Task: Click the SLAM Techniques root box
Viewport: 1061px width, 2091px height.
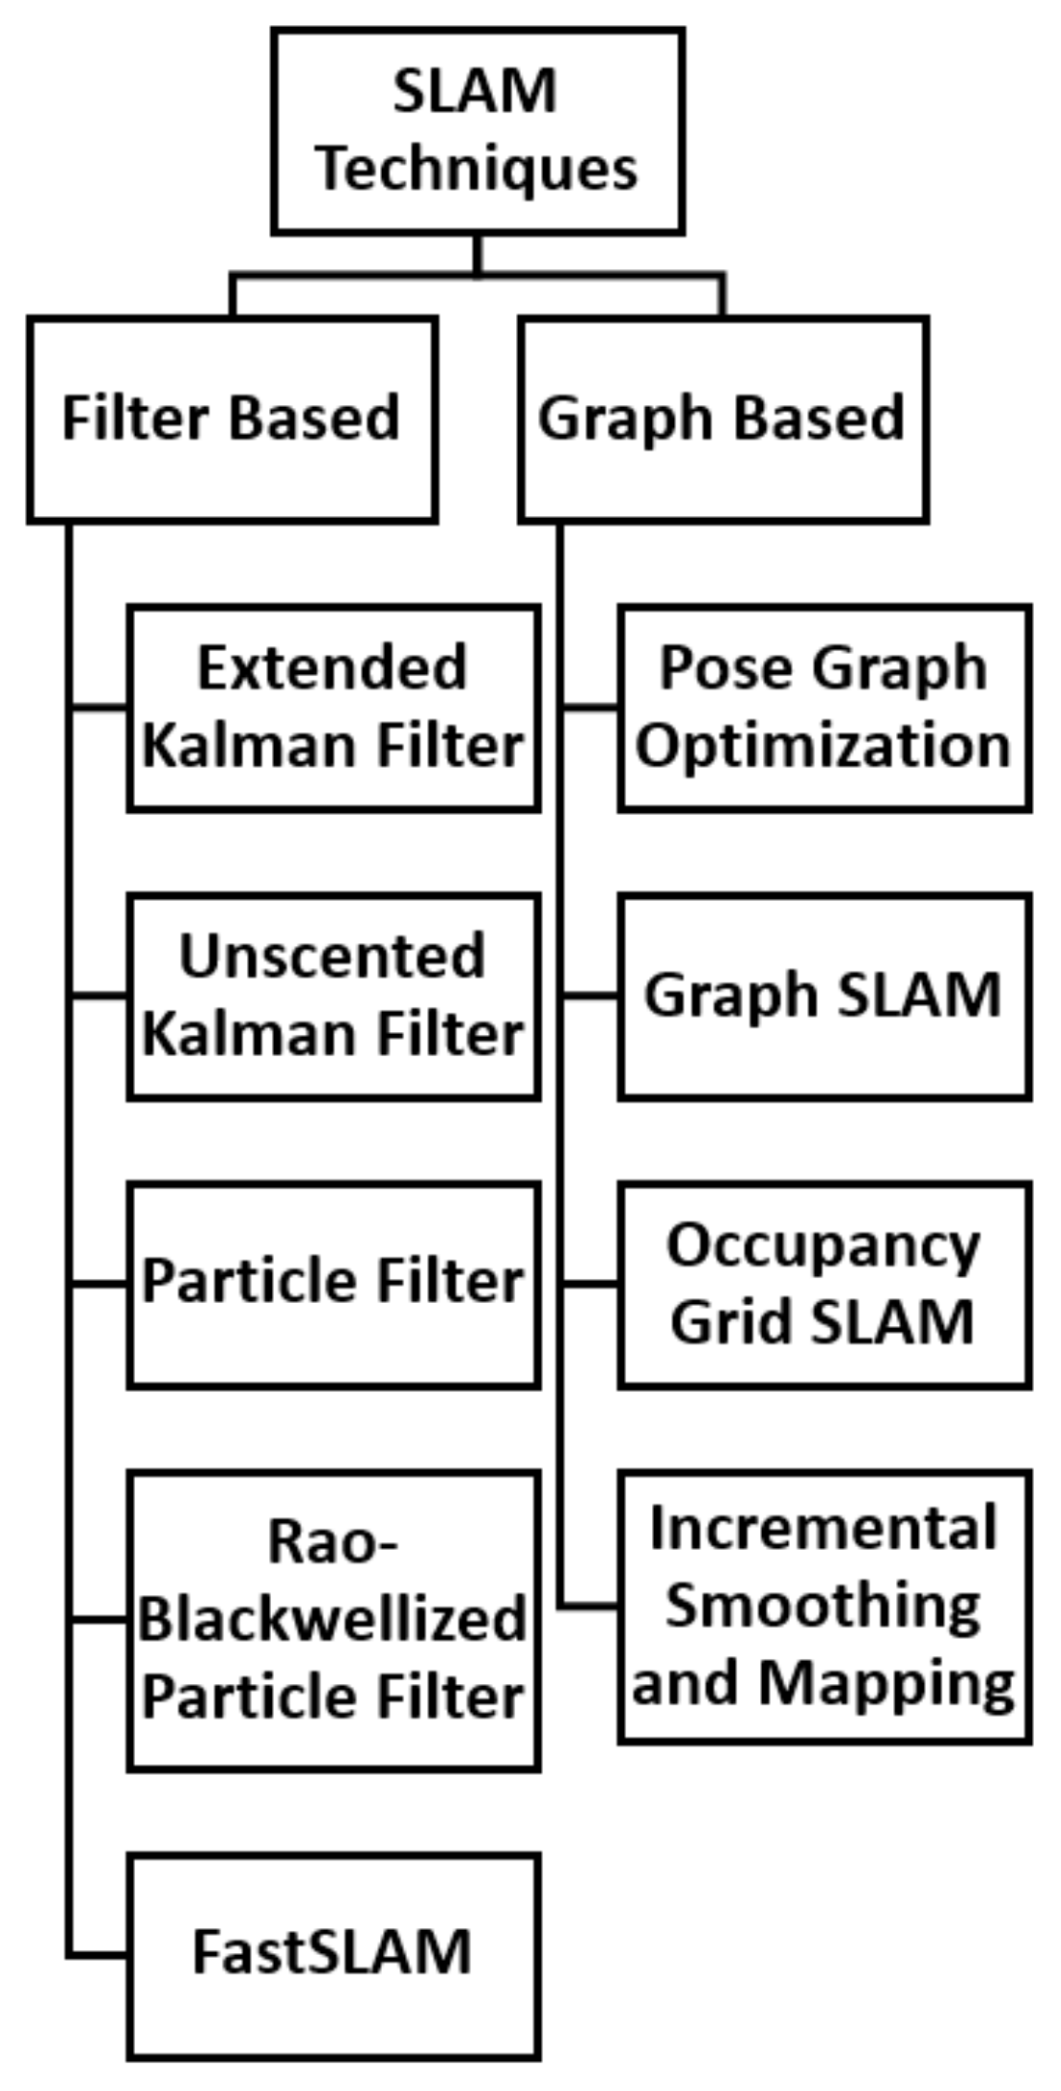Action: coord(477,131)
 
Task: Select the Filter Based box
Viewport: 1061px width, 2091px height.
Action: coord(232,420)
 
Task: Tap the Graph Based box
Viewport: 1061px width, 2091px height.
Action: coord(723,420)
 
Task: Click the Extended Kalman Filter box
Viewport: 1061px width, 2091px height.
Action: coord(333,708)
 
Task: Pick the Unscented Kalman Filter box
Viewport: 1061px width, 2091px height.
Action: coord(333,996)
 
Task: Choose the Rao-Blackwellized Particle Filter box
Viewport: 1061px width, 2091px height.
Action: coord(333,1621)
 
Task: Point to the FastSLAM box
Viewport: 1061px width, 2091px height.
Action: coord(333,1955)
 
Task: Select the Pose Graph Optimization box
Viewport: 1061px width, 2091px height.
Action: coord(825,708)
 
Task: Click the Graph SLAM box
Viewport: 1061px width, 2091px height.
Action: coord(825,996)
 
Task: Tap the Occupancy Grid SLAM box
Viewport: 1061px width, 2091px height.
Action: coord(825,1285)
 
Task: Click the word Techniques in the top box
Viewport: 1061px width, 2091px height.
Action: coord(477,170)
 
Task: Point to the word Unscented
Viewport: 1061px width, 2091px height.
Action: coord(333,957)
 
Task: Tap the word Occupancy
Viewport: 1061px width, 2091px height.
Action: coord(823,1246)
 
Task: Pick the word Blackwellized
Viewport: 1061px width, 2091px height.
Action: coord(333,1620)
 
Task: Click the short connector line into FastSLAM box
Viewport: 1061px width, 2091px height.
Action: coord(98,1955)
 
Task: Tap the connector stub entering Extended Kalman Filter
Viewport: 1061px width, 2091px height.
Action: coord(99,708)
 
